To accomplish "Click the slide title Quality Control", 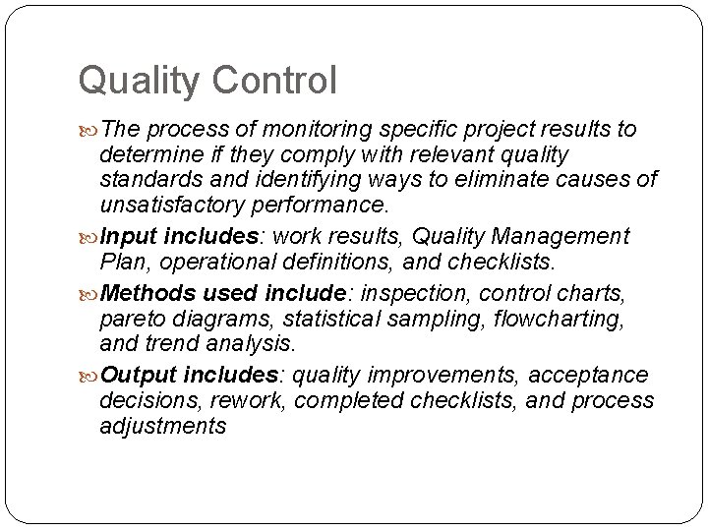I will click(207, 81).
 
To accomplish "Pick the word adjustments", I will click(163, 426).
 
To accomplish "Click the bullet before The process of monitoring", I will click(90, 131).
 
